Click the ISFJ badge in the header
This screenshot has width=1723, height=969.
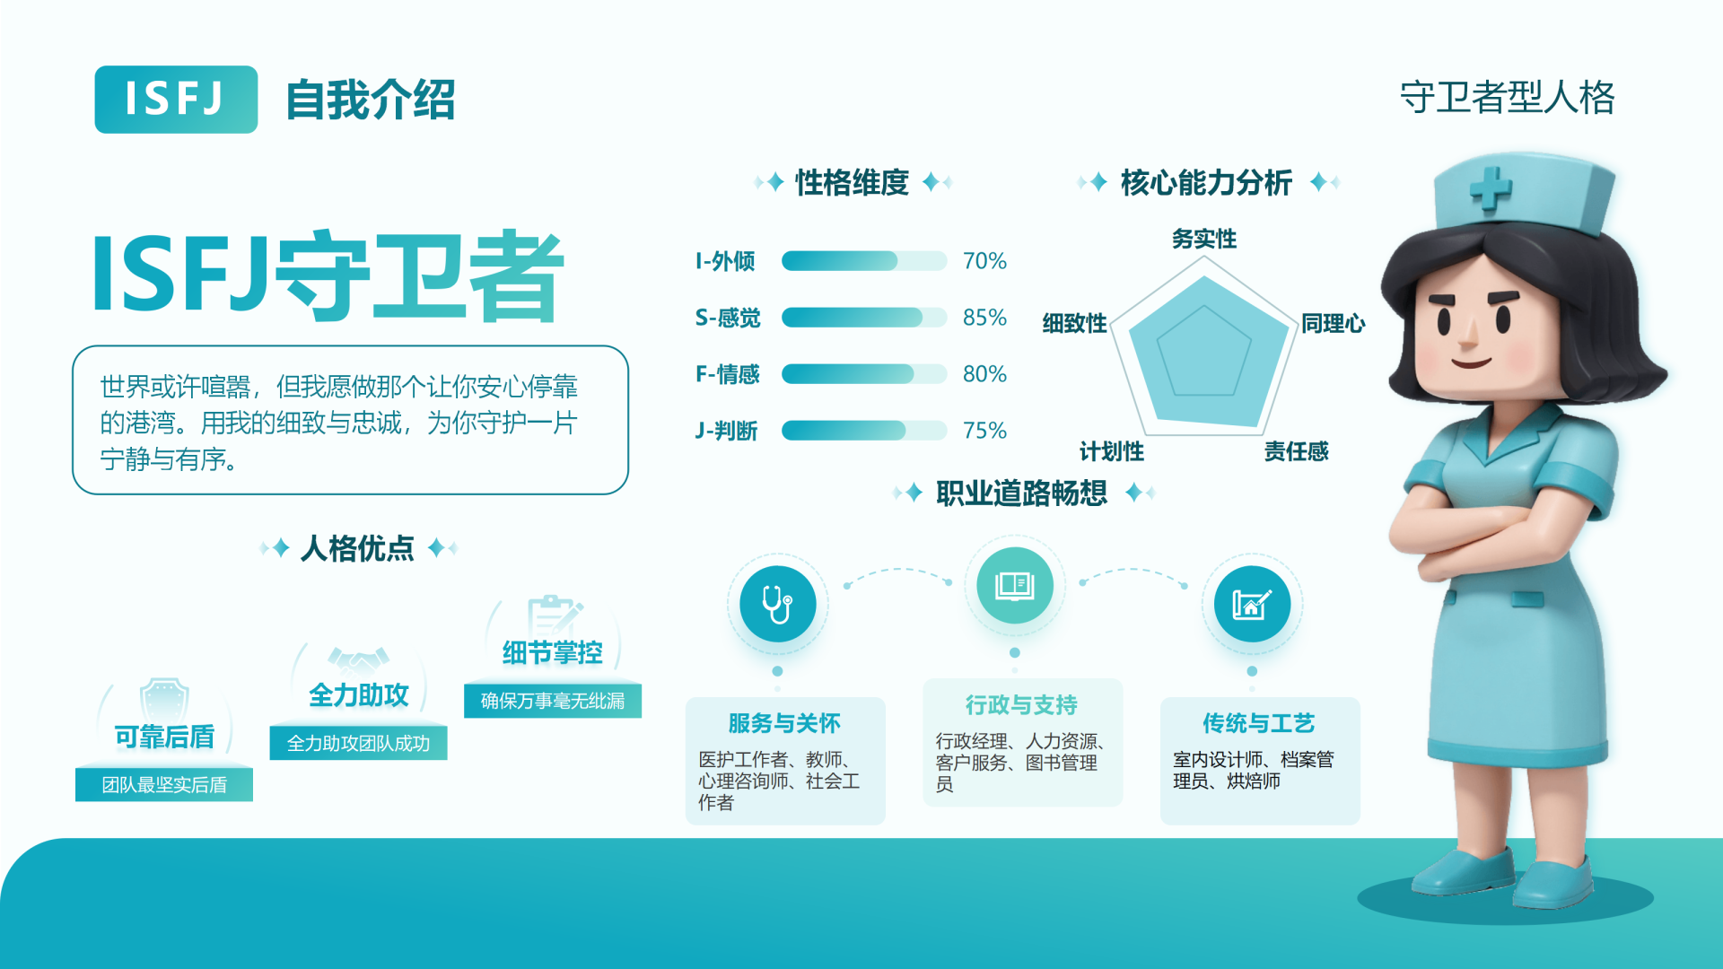pyautogui.click(x=176, y=100)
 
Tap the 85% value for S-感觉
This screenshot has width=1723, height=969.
pyautogui.click(x=984, y=318)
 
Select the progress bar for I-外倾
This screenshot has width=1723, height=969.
pyautogui.click(x=864, y=261)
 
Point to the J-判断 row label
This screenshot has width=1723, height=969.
pyautogui.click(x=726, y=431)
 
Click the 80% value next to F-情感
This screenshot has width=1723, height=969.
pyautogui.click(x=984, y=374)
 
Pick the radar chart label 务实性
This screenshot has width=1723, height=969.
pyautogui.click(x=1203, y=239)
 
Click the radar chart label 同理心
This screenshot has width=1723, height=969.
pyautogui.click(x=1333, y=323)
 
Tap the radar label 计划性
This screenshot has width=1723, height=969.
pyautogui.click(x=1111, y=451)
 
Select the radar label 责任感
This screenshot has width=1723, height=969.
pyautogui.click(x=1296, y=451)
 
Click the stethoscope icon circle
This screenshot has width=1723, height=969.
pyautogui.click(x=777, y=604)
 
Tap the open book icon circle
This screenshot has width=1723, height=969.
pyautogui.click(x=1015, y=586)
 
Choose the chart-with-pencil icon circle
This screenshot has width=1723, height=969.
pyautogui.click(x=1252, y=604)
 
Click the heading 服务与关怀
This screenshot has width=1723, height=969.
pyautogui.click(x=784, y=723)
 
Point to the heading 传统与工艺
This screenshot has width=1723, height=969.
pyautogui.click(x=1258, y=723)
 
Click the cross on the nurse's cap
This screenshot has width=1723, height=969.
pyautogui.click(x=1491, y=189)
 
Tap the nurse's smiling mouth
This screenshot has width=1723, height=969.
pyautogui.click(x=1472, y=362)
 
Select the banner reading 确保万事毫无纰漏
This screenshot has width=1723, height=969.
pyautogui.click(x=553, y=701)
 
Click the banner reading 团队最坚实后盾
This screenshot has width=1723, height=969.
pyautogui.click(x=164, y=785)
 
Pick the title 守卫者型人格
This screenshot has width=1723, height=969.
pyautogui.click(x=1507, y=98)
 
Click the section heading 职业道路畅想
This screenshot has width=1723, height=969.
pyautogui.click(x=1021, y=493)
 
